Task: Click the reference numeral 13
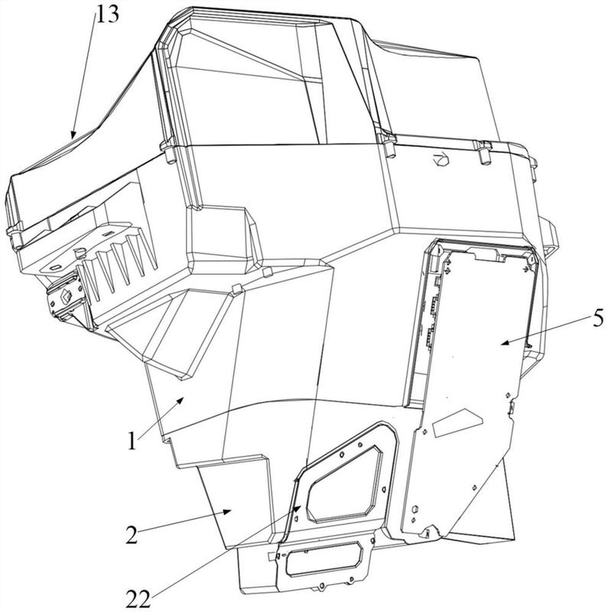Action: [108, 15]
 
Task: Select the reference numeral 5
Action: [597, 319]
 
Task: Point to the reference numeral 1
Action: [132, 441]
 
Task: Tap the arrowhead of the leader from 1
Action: [180, 400]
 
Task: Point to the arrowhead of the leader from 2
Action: [227, 512]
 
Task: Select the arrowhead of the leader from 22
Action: [297, 508]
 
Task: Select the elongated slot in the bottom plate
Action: [324, 560]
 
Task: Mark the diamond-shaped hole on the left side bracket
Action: [65, 298]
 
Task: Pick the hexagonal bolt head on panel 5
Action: [415, 509]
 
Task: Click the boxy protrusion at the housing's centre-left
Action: [223, 239]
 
